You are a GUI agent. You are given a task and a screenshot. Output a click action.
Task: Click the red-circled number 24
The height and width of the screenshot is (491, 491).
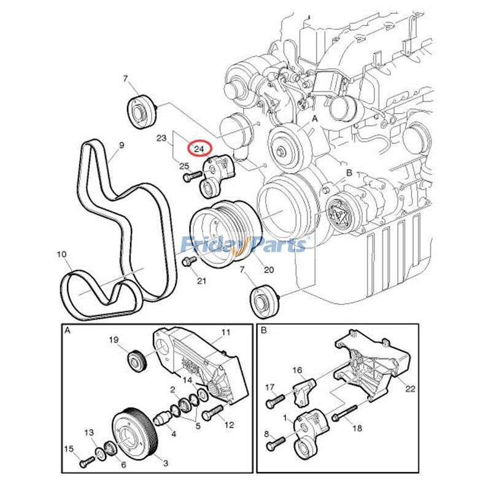tap(199, 149)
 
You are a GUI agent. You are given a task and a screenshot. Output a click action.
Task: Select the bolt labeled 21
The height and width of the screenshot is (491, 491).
tap(188, 263)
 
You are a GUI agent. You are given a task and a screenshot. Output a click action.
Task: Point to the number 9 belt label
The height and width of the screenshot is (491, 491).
tap(121, 145)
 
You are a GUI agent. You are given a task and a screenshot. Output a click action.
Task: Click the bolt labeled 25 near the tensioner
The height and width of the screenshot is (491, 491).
tap(190, 177)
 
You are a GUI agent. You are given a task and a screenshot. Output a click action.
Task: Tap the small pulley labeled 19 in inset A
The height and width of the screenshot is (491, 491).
tap(136, 360)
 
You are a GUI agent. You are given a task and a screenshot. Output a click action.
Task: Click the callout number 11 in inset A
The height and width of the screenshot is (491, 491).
tap(225, 332)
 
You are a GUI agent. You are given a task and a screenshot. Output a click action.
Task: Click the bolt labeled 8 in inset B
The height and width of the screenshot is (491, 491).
tap(274, 439)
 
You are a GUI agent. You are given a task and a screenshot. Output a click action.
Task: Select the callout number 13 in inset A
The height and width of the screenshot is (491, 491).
tap(90, 433)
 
